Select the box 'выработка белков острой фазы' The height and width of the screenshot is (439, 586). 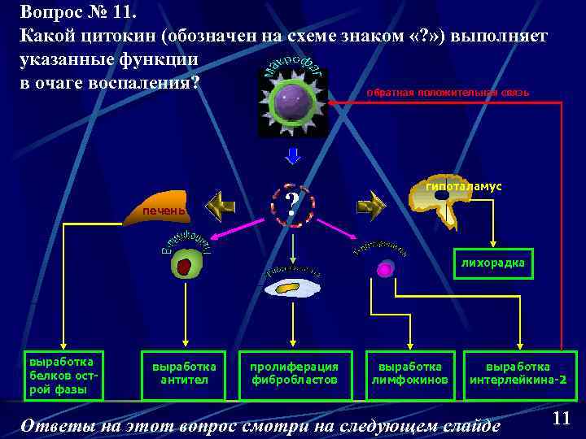pos(61,376)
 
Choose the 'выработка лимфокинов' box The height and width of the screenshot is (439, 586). pos(410,374)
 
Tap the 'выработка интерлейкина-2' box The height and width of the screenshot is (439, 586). pos(518,374)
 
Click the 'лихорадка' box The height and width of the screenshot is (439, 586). pos(492,263)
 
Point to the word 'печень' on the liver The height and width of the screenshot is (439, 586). pos(164,211)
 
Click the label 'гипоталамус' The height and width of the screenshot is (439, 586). pos(463,186)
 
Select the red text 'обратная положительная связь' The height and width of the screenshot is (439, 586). pos(448,92)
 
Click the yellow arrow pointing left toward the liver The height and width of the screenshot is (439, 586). pos(220,206)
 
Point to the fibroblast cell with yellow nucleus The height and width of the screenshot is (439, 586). pos(292,287)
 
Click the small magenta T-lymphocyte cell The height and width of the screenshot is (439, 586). pos(385,270)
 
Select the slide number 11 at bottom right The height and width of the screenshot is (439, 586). pos(561,418)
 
